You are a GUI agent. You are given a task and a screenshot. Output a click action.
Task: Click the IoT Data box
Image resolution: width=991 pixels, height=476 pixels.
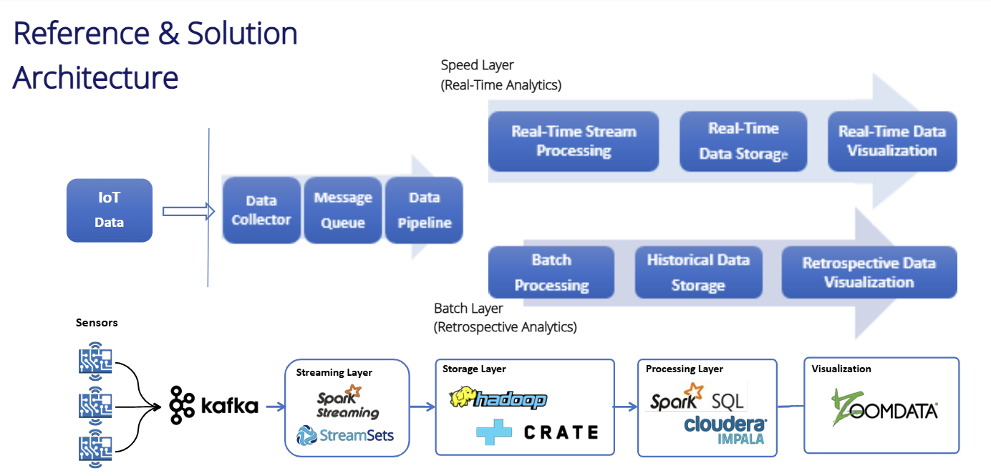tap(110, 210)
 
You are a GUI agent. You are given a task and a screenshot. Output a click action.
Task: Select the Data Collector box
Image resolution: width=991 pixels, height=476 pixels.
tap(261, 210)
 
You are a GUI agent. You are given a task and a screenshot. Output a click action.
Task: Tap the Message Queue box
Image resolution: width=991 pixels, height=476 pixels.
tap(343, 210)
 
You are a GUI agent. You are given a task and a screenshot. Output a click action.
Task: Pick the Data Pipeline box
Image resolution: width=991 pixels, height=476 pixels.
tap(425, 210)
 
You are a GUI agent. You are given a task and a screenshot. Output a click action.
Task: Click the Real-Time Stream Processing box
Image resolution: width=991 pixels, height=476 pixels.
tap(574, 141)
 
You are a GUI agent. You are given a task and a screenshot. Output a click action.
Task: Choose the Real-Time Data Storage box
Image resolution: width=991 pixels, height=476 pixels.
tap(743, 141)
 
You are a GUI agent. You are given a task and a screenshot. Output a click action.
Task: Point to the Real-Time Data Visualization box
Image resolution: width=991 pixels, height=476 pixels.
tap(892, 141)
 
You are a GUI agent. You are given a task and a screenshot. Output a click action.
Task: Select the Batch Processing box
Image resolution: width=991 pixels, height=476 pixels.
tap(551, 272)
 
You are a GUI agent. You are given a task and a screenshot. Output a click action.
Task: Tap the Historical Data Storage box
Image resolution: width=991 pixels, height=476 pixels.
tap(699, 272)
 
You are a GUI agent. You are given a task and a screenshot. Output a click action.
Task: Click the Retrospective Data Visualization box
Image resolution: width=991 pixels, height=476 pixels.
tap(869, 272)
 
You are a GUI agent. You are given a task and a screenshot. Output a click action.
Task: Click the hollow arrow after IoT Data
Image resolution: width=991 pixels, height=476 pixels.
tap(188, 211)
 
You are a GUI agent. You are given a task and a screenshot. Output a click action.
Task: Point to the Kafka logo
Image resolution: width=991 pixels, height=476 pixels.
tap(214, 405)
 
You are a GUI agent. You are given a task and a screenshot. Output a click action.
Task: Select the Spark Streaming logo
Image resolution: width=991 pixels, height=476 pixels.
tap(348, 402)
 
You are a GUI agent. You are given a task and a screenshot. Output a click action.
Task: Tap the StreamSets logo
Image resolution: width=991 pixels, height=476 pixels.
tap(345, 435)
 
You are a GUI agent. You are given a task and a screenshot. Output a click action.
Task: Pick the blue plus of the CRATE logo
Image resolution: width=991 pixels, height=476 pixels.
tap(494, 432)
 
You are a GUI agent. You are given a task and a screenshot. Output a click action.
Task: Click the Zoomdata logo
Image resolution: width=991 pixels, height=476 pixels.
tap(885, 408)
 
